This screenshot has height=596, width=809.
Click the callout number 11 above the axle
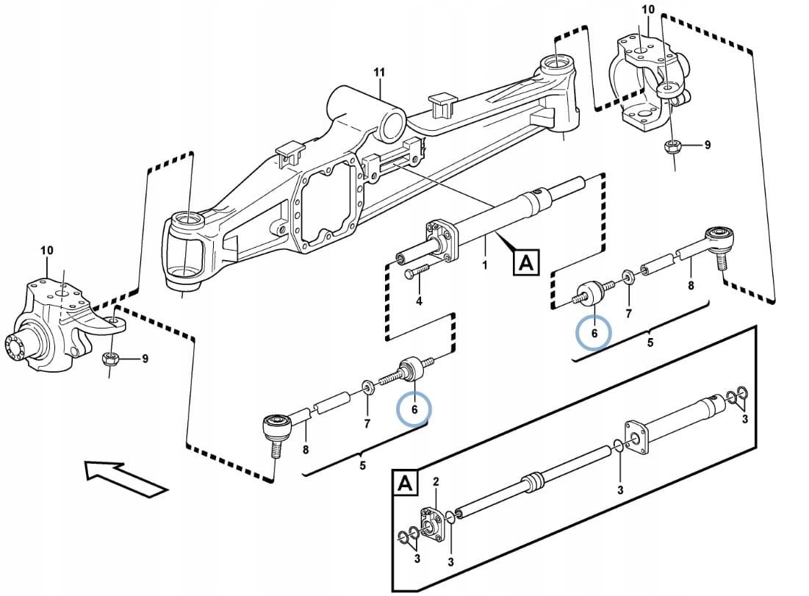tap(379, 73)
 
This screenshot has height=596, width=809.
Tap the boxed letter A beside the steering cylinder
tap(526, 262)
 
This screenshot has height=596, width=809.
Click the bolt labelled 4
tap(415, 273)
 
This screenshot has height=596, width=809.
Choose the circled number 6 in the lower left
tap(414, 409)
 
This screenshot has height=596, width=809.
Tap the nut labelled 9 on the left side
tap(110, 359)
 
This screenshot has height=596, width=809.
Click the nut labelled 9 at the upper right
tap(672, 146)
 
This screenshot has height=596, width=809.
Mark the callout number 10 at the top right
tap(647, 10)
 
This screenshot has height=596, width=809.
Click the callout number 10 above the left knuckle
tap(46, 251)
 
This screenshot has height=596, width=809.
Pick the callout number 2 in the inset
tap(436, 481)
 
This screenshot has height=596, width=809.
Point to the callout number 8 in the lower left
tap(306, 450)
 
